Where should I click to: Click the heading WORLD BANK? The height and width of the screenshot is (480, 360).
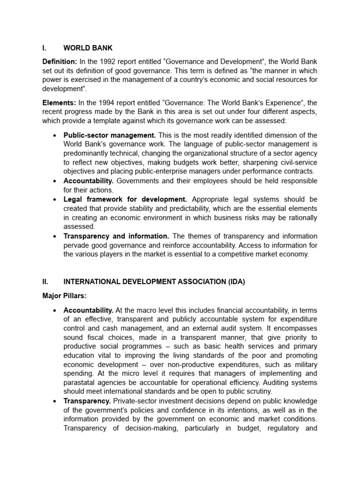pos(88,48)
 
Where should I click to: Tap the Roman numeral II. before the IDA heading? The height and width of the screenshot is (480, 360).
pos(45,282)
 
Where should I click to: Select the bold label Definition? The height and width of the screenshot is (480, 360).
pos(60,62)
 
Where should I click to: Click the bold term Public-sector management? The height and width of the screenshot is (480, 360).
pos(109,135)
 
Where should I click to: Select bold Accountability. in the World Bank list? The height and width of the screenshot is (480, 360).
pos(89,181)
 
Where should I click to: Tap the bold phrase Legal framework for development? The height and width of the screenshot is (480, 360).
pos(125,199)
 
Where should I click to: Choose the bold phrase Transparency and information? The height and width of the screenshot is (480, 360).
pos(116,236)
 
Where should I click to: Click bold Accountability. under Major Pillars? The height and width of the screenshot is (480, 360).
pos(89,310)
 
